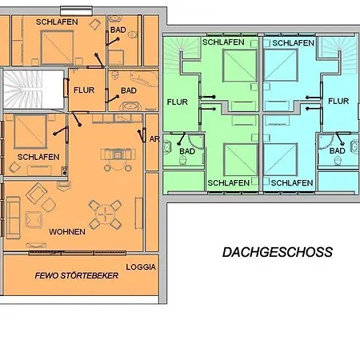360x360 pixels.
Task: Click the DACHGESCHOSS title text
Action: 276,252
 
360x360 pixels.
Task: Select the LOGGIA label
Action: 141,266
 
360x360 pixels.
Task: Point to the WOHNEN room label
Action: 67,232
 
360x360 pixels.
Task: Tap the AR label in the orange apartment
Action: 154,138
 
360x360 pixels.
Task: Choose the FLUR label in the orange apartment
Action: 84,90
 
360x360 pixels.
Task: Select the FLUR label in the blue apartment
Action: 338,102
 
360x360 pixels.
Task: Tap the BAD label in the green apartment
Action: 187,150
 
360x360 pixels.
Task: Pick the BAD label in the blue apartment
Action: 337,150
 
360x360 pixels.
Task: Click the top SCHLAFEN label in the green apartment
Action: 223,42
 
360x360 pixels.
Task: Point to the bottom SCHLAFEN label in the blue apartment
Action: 291,183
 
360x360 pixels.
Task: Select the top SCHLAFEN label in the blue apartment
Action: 292,42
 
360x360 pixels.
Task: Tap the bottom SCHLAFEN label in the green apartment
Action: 227,183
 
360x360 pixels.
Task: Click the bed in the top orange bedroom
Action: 50,50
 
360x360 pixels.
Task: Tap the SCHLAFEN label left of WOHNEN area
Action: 38,157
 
